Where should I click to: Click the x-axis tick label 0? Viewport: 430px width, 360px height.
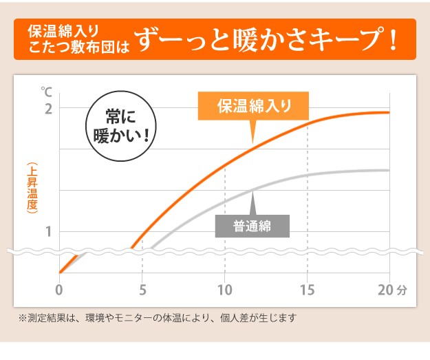pos(59,289)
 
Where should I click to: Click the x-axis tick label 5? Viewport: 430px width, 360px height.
pos(142,289)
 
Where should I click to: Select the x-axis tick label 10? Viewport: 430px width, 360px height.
pos(225,289)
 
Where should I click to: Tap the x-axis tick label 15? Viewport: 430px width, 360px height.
pos(308,289)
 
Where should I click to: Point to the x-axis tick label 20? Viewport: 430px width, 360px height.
pos(386,289)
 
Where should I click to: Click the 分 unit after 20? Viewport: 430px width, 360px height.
pos(402,290)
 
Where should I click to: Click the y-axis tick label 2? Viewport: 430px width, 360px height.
pos(49,108)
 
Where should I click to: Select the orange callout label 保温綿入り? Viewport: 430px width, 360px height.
pos(254,107)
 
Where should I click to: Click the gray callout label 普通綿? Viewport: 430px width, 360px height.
pos(252,226)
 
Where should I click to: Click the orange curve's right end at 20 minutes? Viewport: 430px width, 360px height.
pos(389,112)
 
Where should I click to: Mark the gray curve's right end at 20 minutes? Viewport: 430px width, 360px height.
pos(389,170)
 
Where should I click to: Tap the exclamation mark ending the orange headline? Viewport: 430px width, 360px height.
pos(393,39)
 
